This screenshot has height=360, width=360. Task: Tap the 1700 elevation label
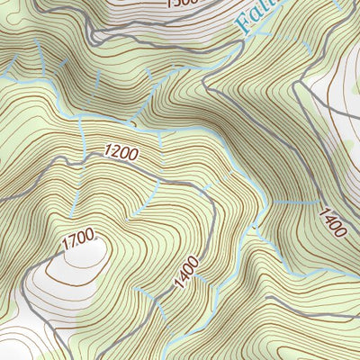point(78,240)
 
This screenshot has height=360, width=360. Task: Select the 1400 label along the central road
point(186,273)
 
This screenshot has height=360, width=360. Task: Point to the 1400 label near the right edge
point(330,221)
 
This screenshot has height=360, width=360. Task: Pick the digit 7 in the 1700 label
point(74,241)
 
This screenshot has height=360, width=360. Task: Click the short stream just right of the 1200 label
point(160,139)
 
